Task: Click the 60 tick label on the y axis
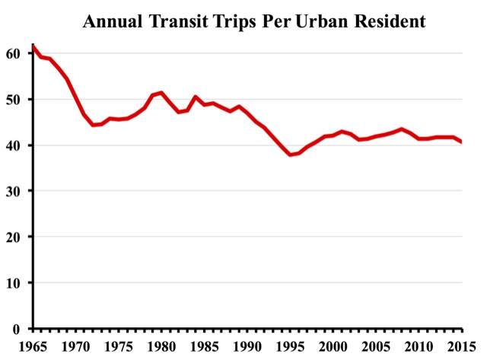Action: pos(14,53)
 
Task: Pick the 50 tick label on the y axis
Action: pos(14,100)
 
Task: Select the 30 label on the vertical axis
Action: pos(14,191)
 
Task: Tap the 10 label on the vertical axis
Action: pos(14,282)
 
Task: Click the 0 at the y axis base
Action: pos(18,328)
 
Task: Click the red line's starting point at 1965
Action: pos(33,46)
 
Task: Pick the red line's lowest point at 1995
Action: pos(290,155)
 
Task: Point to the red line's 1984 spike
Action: pos(196,97)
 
